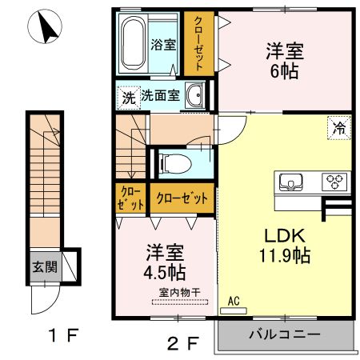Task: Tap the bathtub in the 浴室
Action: coord(134,44)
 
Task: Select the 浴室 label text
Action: coord(163,45)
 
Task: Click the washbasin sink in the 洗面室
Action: coord(194,97)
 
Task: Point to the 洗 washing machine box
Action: coord(129,98)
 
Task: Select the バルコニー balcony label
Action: coord(283,334)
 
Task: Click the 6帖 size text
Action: coord(284,70)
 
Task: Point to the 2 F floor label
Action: coord(182,344)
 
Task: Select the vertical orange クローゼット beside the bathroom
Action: coord(197,45)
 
